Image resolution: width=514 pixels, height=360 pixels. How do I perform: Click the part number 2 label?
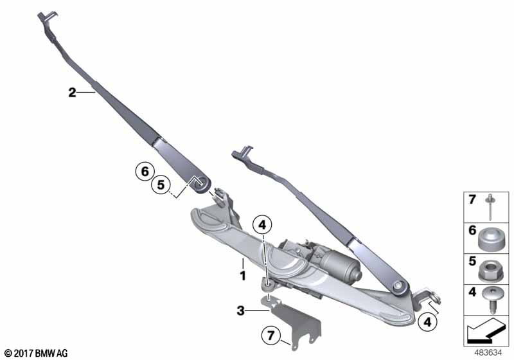[x=72, y=93]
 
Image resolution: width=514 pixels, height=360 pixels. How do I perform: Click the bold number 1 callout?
[x=243, y=276]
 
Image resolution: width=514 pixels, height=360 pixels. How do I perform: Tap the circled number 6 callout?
[x=145, y=172]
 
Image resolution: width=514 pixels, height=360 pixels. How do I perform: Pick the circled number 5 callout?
[x=162, y=186]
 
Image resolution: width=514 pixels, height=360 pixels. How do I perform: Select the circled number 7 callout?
[x=270, y=336]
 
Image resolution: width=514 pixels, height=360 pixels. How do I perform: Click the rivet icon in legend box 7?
[x=491, y=207]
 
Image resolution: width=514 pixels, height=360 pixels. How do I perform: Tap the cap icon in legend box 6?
[x=490, y=239]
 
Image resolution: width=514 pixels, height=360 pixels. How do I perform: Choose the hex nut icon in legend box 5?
[x=490, y=269]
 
